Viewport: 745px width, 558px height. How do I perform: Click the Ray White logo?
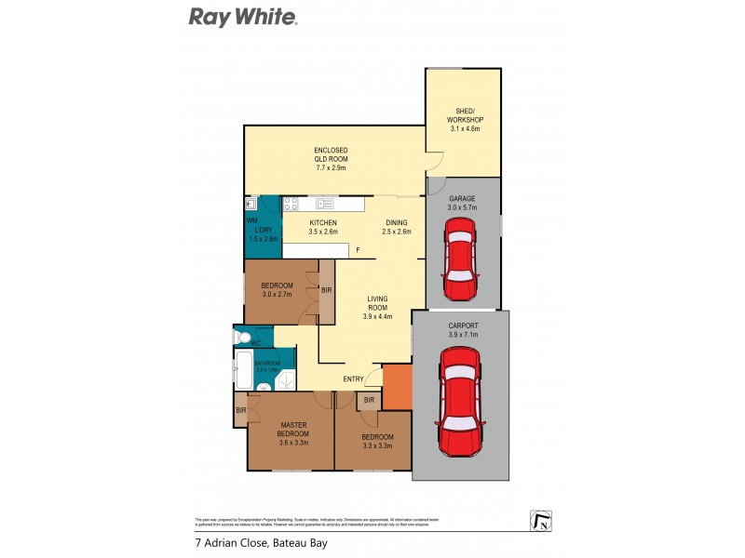[x=243, y=17]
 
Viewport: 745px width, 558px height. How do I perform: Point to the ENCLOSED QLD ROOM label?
[x=330, y=159]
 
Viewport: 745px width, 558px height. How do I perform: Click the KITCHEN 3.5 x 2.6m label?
[x=323, y=227]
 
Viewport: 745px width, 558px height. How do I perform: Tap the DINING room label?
[x=396, y=227]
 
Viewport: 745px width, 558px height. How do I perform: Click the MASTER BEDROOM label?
[x=293, y=432]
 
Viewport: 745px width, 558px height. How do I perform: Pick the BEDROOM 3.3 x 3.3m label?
[x=378, y=441]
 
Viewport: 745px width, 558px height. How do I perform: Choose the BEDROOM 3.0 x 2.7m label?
[x=277, y=289]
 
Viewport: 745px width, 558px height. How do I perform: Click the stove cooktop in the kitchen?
[x=291, y=203]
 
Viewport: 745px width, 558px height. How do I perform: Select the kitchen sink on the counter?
[x=325, y=203]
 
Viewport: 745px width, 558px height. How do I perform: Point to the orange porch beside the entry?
[x=397, y=385]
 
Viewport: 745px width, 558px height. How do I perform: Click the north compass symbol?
[x=540, y=522]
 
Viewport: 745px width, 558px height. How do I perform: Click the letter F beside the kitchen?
[x=357, y=249]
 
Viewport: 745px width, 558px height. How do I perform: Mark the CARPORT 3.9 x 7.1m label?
[x=463, y=329]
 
